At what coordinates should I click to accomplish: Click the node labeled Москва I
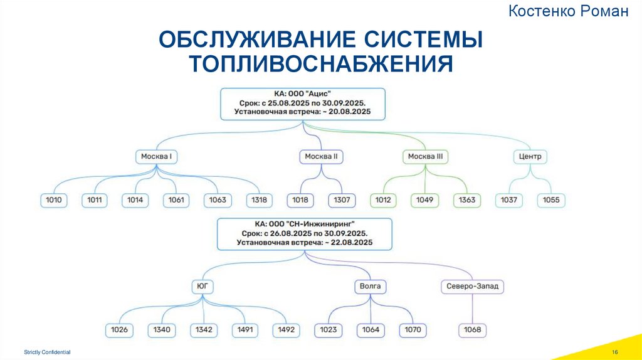pos(157,156)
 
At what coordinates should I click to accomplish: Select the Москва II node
pos(321,156)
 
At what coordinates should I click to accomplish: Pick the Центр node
pos(530,156)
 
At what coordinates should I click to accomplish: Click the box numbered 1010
pos(54,201)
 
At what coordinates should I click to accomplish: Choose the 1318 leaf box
pos(259,201)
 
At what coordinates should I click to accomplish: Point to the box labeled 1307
pos(342,201)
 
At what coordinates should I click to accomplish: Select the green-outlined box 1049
pos(425,201)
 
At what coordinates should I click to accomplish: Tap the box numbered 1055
pos(552,201)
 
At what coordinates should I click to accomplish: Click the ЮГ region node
pos(202,287)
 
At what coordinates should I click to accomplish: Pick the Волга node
pos(370,287)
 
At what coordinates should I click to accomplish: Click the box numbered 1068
pos(472,330)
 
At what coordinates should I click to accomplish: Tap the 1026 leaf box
pos(119,330)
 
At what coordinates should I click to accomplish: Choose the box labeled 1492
pos(286,330)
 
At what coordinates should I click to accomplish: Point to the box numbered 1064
pos(371,330)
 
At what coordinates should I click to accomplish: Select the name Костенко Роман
pos(568,11)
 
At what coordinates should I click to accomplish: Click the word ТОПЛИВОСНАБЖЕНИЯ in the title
pos(321,64)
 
